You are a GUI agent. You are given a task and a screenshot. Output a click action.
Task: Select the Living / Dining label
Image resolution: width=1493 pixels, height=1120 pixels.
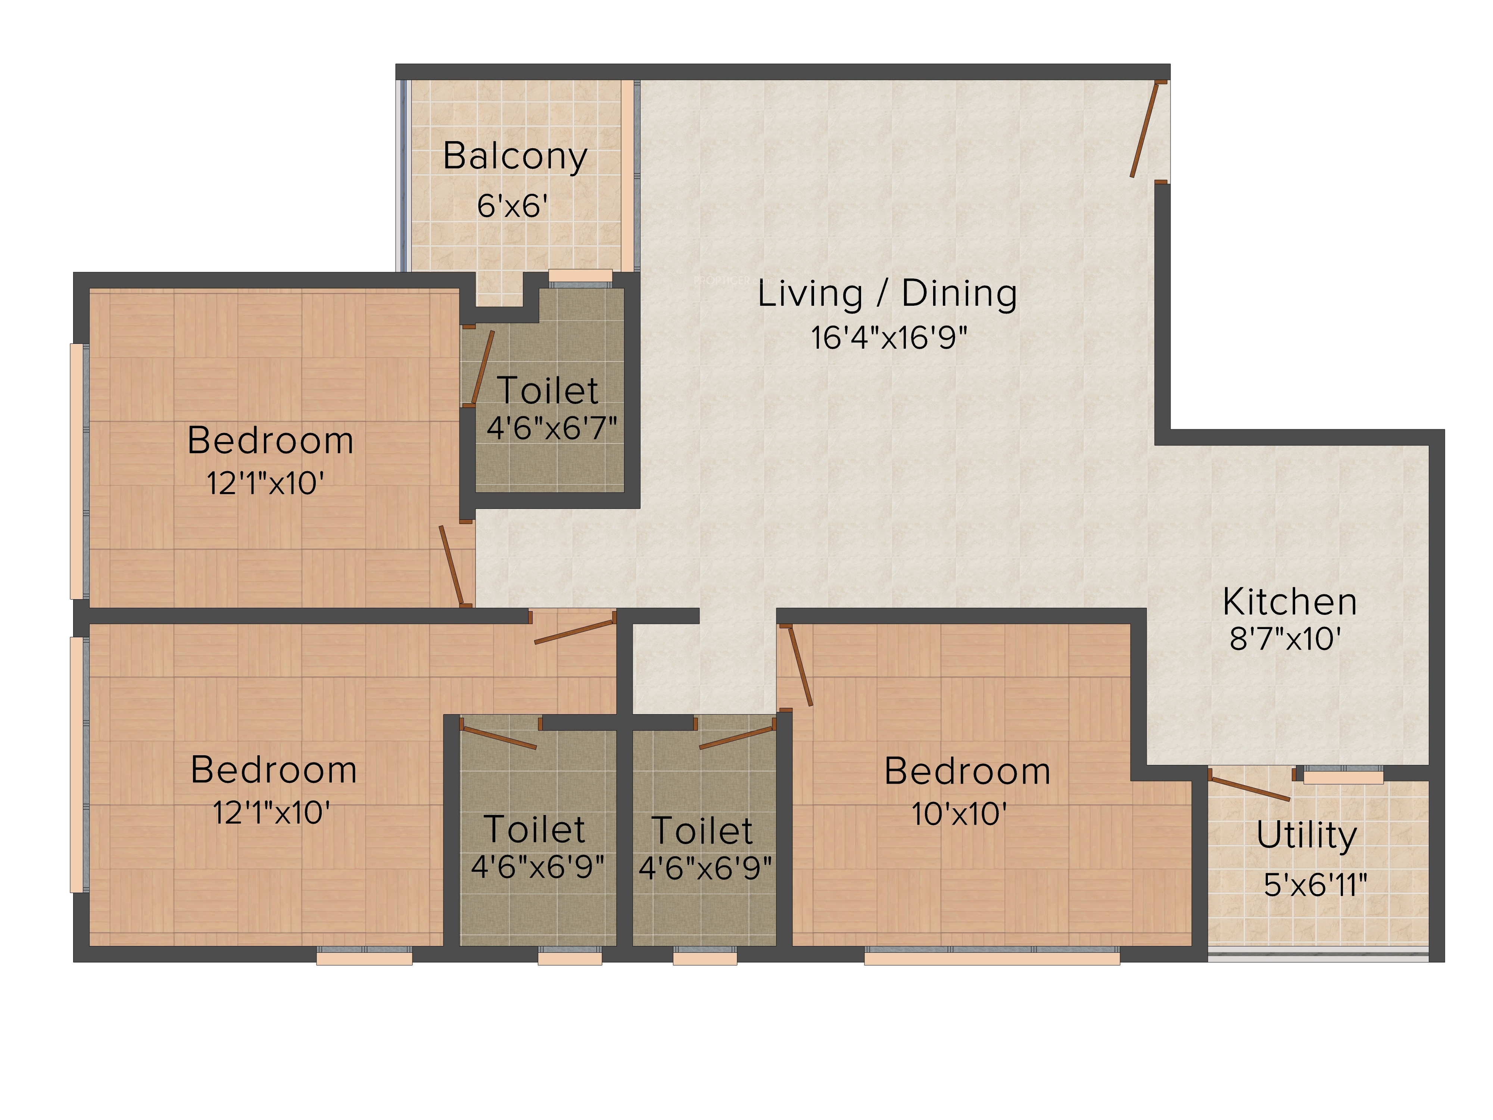click(x=887, y=294)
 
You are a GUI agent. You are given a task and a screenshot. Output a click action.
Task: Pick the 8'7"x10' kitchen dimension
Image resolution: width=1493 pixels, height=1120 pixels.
click(x=1284, y=639)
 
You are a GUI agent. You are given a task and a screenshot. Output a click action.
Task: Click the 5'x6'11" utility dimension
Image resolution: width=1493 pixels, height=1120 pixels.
click(x=1315, y=884)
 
